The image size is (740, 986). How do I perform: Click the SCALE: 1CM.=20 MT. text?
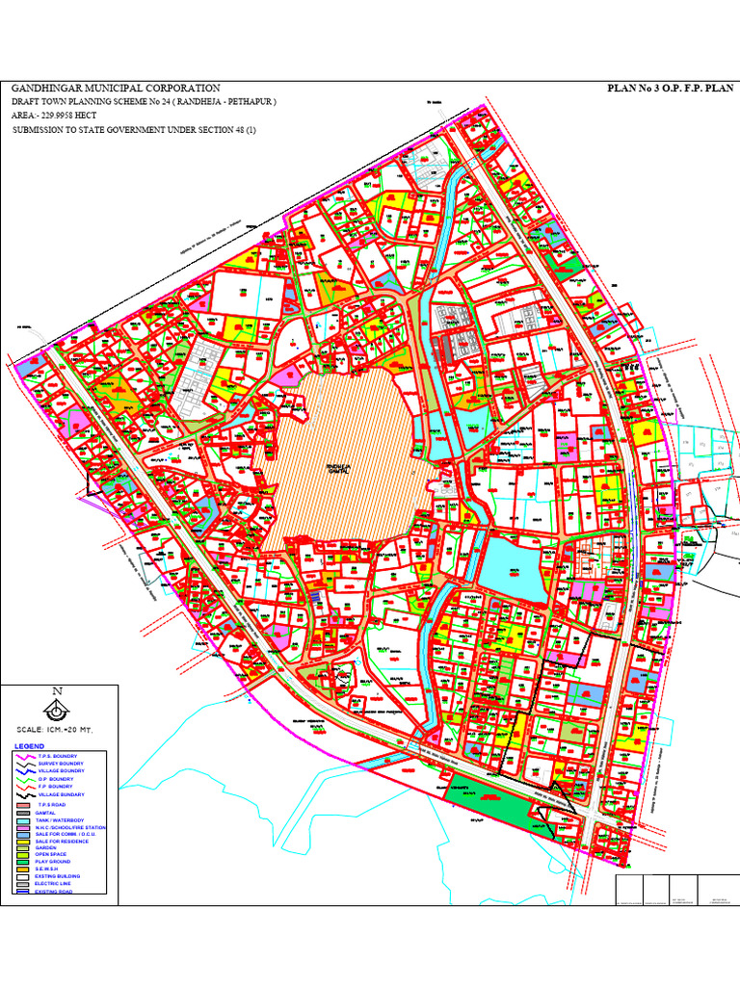click(x=58, y=730)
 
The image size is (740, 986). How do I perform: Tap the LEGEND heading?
click(x=29, y=747)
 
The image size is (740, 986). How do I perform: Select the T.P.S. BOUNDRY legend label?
click(x=57, y=756)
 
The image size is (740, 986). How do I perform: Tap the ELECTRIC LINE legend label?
click(x=53, y=884)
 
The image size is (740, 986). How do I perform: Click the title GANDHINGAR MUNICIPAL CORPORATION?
click(x=115, y=89)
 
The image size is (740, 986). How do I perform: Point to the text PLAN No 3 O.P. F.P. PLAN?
click(x=670, y=89)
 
